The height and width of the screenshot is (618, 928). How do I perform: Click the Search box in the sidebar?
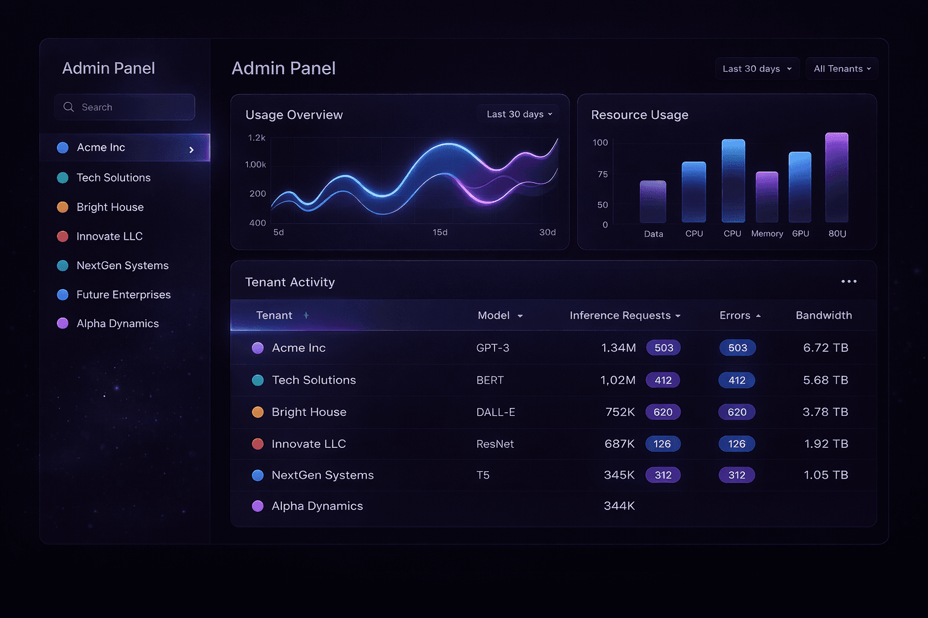tap(124, 107)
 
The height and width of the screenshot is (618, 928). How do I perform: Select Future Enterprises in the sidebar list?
tap(123, 295)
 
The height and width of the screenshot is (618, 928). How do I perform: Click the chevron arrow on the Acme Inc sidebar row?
tap(192, 150)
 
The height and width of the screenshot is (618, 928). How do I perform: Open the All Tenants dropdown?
tap(842, 69)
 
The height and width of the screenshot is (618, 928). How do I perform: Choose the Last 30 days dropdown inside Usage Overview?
tap(519, 114)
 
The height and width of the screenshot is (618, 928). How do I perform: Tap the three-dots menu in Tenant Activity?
tap(849, 281)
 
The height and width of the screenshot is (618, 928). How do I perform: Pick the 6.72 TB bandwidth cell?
tap(825, 348)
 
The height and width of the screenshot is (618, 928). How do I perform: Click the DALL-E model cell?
tap(495, 412)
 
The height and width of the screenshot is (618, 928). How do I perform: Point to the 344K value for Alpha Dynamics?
tap(619, 506)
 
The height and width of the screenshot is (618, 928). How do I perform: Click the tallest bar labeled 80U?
tap(837, 177)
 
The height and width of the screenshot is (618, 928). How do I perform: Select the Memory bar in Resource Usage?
tap(767, 197)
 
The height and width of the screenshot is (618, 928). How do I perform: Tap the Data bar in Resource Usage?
tap(653, 202)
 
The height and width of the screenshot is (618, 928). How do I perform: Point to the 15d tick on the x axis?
tap(440, 232)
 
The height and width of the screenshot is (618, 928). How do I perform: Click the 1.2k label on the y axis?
tap(257, 138)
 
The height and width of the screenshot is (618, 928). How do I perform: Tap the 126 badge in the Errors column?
tap(736, 444)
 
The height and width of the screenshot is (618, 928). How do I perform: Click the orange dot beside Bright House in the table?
tap(257, 412)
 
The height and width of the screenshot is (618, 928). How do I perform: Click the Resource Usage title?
tap(639, 115)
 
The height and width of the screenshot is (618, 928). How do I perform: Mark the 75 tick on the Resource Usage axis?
tap(602, 174)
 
